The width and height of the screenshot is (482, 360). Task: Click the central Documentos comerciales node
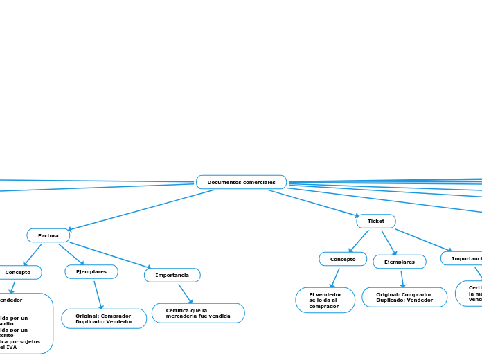241,182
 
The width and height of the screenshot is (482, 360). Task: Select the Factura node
48,235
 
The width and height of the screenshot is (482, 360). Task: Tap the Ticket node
376,221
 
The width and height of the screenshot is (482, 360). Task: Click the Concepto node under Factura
19,272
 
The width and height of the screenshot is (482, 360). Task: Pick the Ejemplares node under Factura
91,271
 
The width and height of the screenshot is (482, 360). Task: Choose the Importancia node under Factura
172,275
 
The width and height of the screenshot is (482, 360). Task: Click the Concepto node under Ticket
343,259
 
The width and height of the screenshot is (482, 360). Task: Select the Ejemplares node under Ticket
400,262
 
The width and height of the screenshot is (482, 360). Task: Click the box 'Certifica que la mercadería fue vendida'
198,313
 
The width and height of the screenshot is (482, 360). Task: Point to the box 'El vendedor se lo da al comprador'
325,300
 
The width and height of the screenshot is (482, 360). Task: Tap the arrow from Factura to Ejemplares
71,253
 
